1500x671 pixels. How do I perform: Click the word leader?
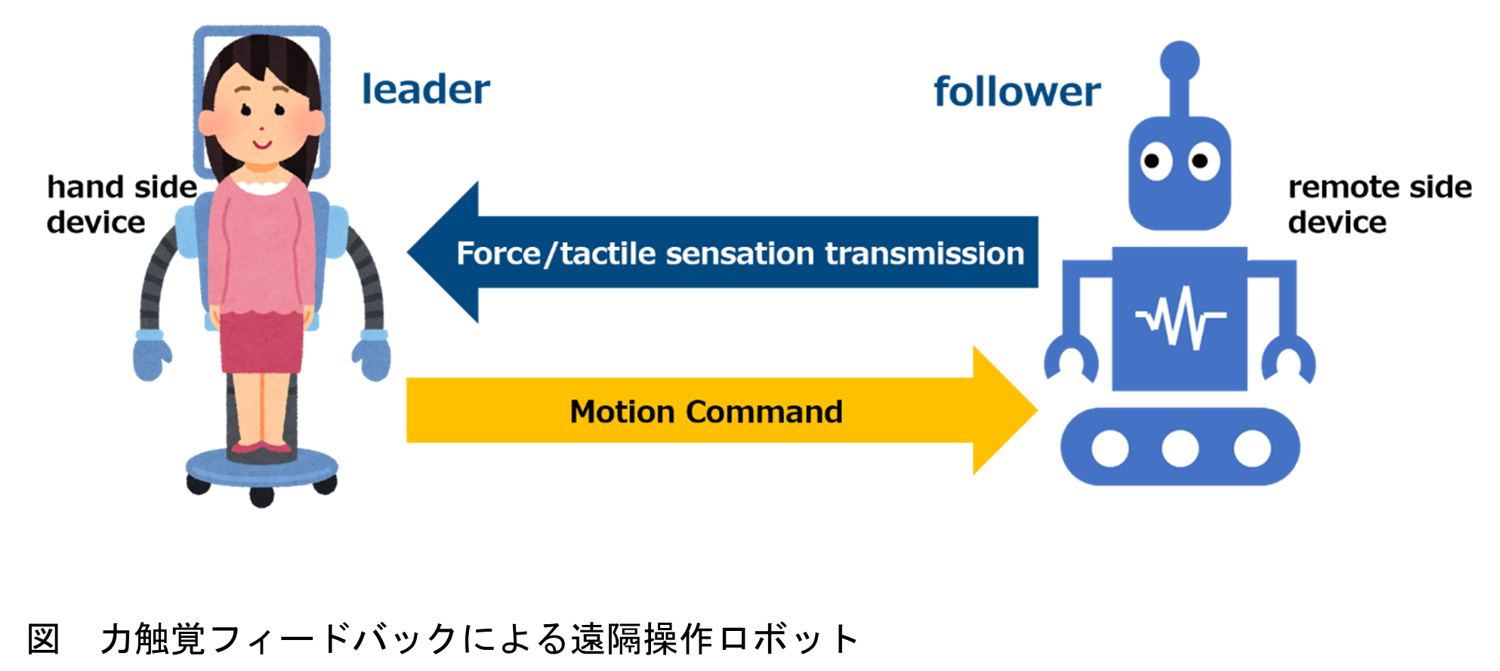click(x=426, y=89)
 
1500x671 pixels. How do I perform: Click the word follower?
click(x=1017, y=91)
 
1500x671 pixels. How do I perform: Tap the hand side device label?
click(x=122, y=204)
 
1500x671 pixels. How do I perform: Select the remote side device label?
click(x=1380, y=204)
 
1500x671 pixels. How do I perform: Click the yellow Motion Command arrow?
click(x=721, y=410)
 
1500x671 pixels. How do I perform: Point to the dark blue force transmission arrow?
click(x=722, y=252)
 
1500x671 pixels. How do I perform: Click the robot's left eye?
click(x=1153, y=161)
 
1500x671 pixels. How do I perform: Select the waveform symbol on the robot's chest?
click(x=1181, y=317)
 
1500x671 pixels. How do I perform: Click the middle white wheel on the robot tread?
click(x=1180, y=448)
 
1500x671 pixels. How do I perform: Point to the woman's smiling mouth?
click(x=261, y=143)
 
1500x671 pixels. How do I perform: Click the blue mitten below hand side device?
click(x=152, y=355)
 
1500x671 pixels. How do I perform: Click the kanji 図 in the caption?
click(x=43, y=639)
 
